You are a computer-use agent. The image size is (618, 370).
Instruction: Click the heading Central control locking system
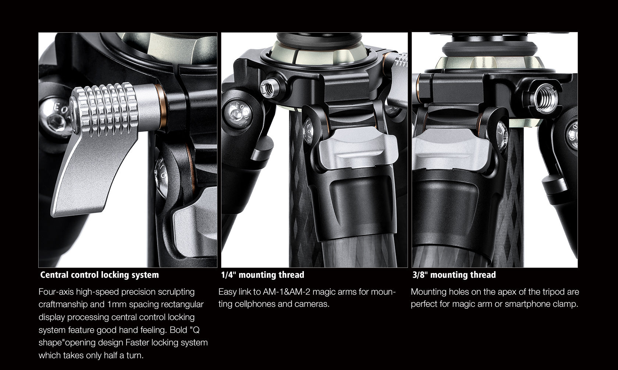click(99, 275)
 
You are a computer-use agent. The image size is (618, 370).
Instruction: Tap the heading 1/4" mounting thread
click(262, 275)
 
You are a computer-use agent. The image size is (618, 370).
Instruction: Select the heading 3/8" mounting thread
click(454, 275)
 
